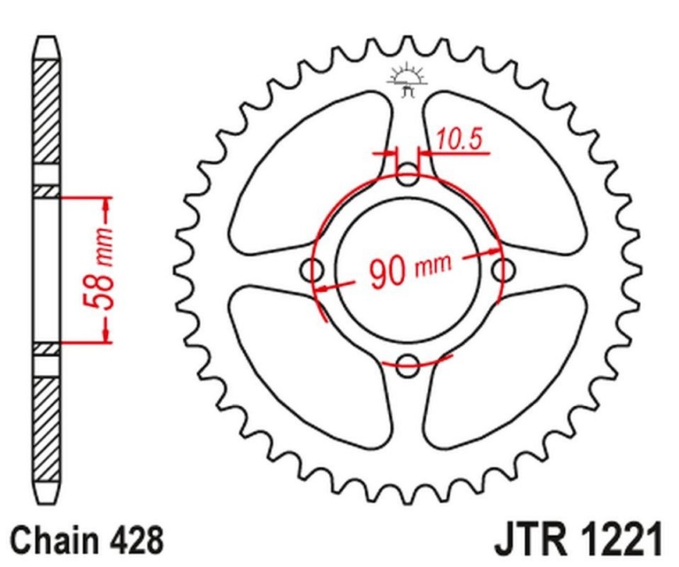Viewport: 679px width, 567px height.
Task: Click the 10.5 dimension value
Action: (458, 139)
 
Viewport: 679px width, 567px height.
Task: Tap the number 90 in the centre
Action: (387, 273)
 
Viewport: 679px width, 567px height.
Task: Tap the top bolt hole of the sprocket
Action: (408, 174)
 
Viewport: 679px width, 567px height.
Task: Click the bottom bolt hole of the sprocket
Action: (408, 365)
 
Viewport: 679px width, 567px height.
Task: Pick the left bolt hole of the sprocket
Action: (312, 270)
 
